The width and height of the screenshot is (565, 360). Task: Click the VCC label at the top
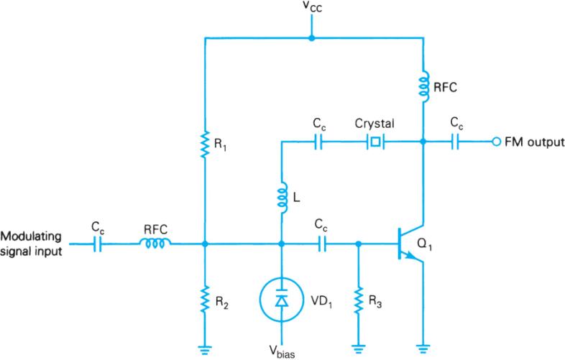(311, 8)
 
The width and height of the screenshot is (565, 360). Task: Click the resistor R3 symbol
(357, 295)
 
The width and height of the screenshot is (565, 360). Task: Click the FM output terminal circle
(495, 142)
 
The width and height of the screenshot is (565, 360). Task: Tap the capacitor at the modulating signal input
(98, 244)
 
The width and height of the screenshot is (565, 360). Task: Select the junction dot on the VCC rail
(311, 37)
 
